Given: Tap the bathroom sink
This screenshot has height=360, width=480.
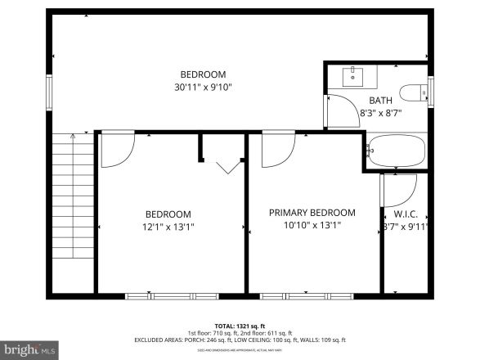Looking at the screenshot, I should (355, 79).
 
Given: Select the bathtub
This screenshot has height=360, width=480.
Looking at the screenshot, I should (397, 151).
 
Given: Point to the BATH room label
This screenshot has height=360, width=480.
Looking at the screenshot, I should (380, 101).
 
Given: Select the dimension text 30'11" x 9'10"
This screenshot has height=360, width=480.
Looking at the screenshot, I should (204, 87).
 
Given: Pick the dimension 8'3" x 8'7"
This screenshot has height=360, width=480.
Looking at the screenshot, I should (380, 115).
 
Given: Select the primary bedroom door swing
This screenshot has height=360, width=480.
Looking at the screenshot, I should (277, 150).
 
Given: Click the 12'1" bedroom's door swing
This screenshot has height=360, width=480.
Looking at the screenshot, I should (115, 150).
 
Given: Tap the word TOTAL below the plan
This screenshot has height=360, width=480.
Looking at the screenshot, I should (226, 326).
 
